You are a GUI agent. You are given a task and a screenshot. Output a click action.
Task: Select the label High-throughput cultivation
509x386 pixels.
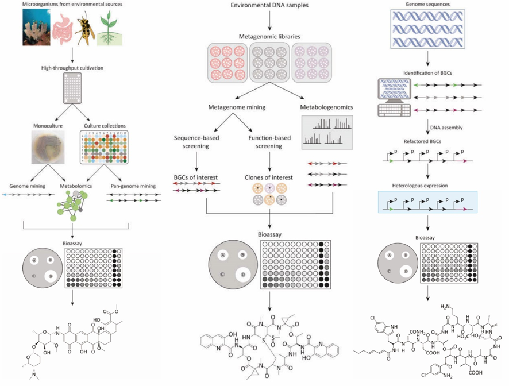(72, 68)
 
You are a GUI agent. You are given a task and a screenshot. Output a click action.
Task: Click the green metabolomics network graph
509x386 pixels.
(74, 203)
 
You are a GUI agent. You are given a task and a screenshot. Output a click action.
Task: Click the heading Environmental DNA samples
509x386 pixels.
(269, 5)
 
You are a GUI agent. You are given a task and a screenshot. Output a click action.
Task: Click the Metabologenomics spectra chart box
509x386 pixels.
(327, 132)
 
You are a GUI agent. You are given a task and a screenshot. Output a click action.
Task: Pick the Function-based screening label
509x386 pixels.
(269, 141)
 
